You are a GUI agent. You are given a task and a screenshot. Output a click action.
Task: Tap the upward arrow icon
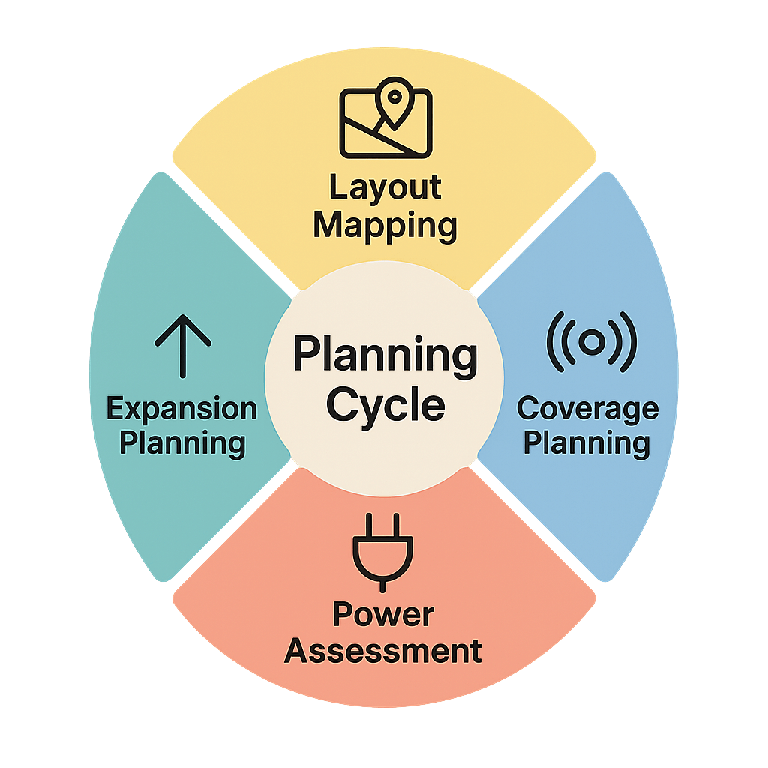[x=183, y=345]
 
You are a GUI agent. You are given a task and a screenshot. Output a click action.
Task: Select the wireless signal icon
[x=591, y=343]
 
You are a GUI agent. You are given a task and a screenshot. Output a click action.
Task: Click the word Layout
[x=385, y=188]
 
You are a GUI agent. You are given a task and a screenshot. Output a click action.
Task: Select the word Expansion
[x=181, y=409]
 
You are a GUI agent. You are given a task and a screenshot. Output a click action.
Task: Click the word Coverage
[x=587, y=409]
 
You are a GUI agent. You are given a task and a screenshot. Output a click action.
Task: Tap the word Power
[x=383, y=616]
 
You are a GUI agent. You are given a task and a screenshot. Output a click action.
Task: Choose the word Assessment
[x=383, y=651]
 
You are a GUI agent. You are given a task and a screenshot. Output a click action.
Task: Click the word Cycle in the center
[x=385, y=406]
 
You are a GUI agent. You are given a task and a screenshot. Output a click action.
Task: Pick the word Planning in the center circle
[x=385, y=355]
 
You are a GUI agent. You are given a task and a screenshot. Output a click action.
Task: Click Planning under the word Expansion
[x=182, y=443]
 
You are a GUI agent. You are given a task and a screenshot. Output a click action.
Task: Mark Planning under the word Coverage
[x=586, y=443]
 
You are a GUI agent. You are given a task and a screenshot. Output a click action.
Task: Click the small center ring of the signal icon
[x=591, y=343]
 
